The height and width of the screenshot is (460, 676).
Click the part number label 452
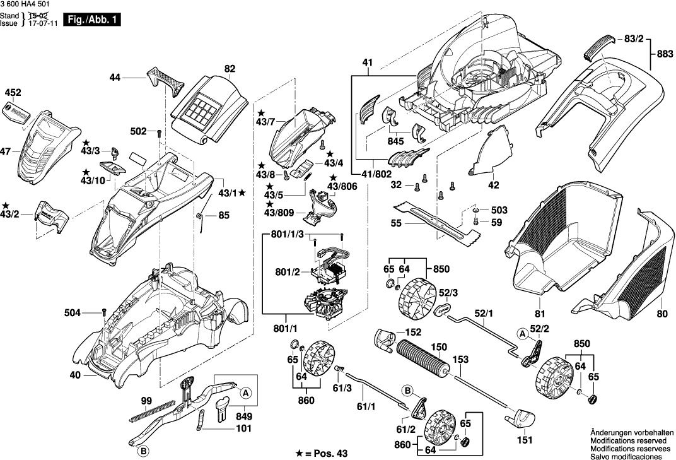(13, 92)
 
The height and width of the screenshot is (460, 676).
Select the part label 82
(229, 68)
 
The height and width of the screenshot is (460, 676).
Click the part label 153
(461, 360)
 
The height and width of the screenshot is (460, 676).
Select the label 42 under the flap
(493, 186)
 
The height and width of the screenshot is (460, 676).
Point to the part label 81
(539, 313)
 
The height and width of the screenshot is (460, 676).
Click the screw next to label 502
(160, 133)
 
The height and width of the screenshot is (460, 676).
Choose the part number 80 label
(661, 313)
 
